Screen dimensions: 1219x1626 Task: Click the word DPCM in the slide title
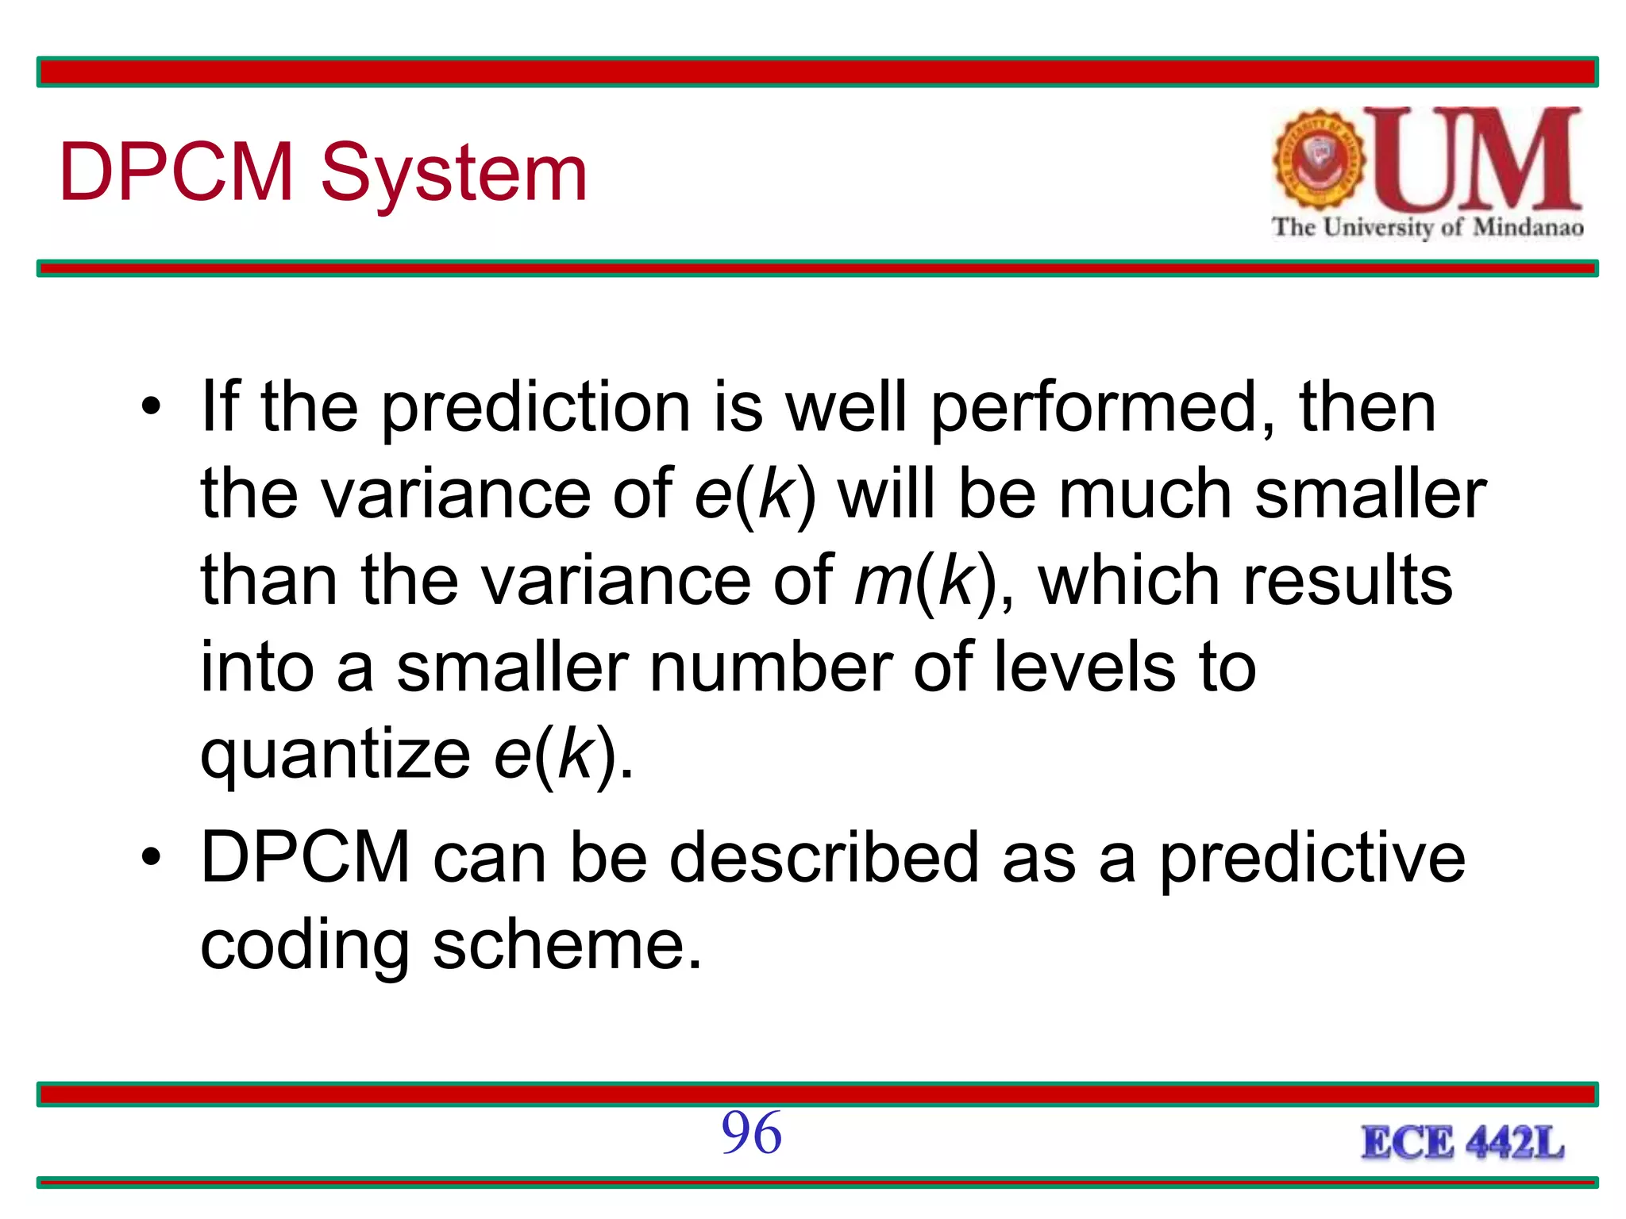point(176,171)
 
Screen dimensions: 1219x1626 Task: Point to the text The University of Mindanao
point(1428,228)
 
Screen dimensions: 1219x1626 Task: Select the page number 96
point(751,1132)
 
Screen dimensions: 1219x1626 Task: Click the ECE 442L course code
point(1462,1144)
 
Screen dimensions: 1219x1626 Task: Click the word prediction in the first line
point(537,408)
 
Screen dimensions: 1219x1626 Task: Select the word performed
point(1103,408)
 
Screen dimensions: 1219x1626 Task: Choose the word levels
point(1084,667)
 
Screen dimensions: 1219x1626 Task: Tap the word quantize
point(335,755)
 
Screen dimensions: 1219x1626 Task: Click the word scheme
point(567,945)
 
